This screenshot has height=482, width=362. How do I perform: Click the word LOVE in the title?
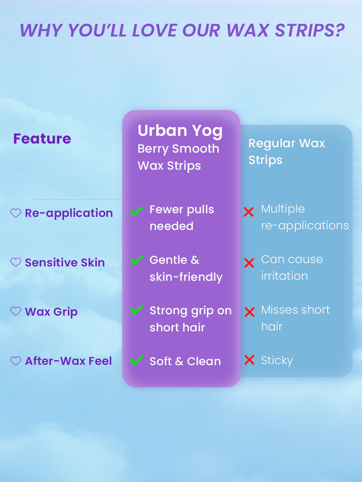coord(155,30)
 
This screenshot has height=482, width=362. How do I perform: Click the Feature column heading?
coord(42,139)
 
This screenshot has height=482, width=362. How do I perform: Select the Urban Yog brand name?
coord(180,131)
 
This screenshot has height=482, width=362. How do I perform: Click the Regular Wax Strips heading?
coord(287,152)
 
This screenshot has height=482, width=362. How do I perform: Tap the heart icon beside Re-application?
coord(16,213)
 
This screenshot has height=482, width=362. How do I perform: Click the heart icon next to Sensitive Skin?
coord(16,262)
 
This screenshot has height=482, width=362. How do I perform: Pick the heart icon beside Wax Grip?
coord(16,311)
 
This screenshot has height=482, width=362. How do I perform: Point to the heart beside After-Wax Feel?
coord(16,361)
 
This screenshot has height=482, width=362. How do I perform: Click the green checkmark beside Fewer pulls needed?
coord(136,211)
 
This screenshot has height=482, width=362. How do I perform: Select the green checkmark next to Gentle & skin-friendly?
coord(137,260)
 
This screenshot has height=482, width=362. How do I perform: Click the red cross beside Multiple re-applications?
coord(249,212)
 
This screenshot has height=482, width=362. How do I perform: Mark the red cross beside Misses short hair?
coord(250,312)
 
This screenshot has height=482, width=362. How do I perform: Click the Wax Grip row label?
coord(51,312)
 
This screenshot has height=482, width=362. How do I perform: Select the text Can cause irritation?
coord(292,268)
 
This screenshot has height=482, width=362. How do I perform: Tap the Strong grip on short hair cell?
coord(191,319)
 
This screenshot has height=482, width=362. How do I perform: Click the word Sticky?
coord(277,361)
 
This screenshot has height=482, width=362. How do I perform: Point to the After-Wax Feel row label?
coord(68,361)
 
